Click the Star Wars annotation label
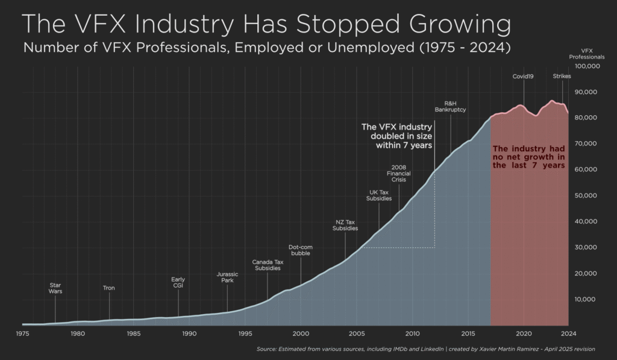pyautogui.click(x=55, y=288)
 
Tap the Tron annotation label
pyautogui.click(x=108, y=288)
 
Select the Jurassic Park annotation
pyautogui.click(x=227, y=277)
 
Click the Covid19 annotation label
pyautogui.click(x=523, y=77)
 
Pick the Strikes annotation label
pyautogui.click(x=562, y=77)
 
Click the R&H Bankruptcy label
pyautogui.click(x=450, y=107)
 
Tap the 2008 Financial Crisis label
pyautogui.click(x=398, y=173)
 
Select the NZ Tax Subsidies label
pyautogui.click(x=346, y=226)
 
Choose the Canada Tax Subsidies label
pyautogui.click(x=268, y=265)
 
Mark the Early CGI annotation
pyautogui.click(x=178, y=282)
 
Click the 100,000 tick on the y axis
pyautogui.click(x=587, y=66)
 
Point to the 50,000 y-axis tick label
pyautogui.click(x=587, y=195)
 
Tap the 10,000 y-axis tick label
pyautogui.click(x=587, y=299)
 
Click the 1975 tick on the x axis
pyautogui.click(x=22, y=333)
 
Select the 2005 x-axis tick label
pyautogui.click(x=357, y=333)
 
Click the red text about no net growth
pyautogui.click(x=528, y=157)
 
